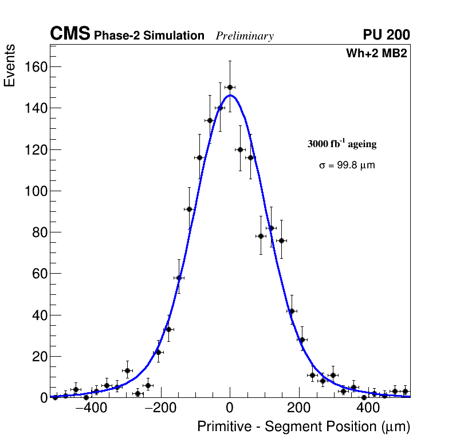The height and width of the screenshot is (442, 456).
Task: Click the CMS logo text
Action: [70, 34]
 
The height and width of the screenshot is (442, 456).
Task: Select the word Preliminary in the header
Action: [245, 36]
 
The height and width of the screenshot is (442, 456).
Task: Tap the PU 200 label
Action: [386, 35]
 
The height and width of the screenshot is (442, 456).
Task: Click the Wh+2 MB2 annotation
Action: [376, 54]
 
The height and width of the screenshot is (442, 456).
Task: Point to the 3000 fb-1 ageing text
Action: [342, 144]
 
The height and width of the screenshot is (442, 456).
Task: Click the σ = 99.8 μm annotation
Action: [347, 165]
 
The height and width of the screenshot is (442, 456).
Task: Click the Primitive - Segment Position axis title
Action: [304, 427]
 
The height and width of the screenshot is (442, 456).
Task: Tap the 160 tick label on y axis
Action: [36, 67]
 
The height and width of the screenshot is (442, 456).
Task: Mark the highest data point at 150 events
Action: [230, 88]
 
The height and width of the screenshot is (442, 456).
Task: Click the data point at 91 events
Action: [189, 209]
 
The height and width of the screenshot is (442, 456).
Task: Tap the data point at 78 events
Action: [261, 236]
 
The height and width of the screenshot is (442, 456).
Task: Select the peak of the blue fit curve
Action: [230, 96]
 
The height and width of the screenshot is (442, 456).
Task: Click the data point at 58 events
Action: [179, 278]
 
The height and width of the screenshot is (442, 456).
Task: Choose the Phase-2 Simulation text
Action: [149, 36]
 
